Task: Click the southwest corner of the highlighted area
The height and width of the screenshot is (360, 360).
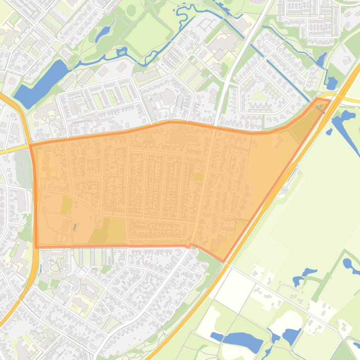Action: tap(37, 246)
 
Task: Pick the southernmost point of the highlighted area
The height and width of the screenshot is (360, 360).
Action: tap(223, 261)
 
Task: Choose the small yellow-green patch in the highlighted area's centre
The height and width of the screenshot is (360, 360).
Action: tap(198, 176)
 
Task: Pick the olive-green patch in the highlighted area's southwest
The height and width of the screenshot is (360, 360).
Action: tap(66, 204)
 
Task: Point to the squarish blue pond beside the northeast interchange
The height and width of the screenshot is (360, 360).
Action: tap(331, 83)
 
